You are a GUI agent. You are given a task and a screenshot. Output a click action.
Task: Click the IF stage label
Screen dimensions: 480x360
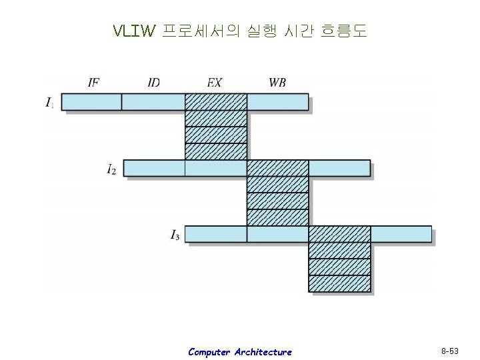click(x=93, y=83)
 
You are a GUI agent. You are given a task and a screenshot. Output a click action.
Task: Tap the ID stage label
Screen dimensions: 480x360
click(x=154, y=83)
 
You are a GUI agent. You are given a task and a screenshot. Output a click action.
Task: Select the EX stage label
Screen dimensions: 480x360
click(x=215, y=83)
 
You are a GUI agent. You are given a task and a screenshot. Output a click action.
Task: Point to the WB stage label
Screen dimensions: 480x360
click(x=278, y=83)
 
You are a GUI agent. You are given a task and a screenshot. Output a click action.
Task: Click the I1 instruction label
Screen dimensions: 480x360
click(x=50, y=102)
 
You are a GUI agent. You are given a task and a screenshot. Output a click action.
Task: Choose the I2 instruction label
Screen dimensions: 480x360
click(x=111, y=169)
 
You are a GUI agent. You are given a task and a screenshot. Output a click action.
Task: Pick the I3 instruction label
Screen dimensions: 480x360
click(x=174, y=235)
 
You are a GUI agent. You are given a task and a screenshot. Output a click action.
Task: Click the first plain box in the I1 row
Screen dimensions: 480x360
click(x=91, y=102)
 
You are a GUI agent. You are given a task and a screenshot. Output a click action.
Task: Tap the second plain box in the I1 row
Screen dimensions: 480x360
click(x=153, y=102)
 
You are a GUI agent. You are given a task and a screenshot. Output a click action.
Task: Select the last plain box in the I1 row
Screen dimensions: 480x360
click(x=278, y=102)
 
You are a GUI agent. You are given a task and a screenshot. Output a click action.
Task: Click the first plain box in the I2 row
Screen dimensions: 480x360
click(x=154, y=168)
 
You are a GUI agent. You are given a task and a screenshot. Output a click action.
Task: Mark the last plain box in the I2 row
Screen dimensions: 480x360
click(x=339, y=168)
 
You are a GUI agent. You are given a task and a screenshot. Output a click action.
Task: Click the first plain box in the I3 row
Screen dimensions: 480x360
click(x=215, y=235)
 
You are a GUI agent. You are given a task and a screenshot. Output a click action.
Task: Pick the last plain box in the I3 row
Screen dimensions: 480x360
click(x=401, y=235)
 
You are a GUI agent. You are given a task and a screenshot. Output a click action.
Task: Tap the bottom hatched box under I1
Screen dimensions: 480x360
click(x=215, y=151)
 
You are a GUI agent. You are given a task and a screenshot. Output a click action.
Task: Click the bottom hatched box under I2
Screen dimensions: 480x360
click(x=277, y=218)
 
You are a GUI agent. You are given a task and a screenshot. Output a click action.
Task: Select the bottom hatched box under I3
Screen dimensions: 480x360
click(x=339, y=284)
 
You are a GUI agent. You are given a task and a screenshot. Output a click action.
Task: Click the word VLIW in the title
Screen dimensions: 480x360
click(x=134, y=31)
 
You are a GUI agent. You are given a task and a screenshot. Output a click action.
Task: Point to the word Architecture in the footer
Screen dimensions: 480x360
click(x=263, y=351)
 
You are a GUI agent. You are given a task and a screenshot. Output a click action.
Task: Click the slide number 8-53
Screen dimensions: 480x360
click(x=450, y=350)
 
